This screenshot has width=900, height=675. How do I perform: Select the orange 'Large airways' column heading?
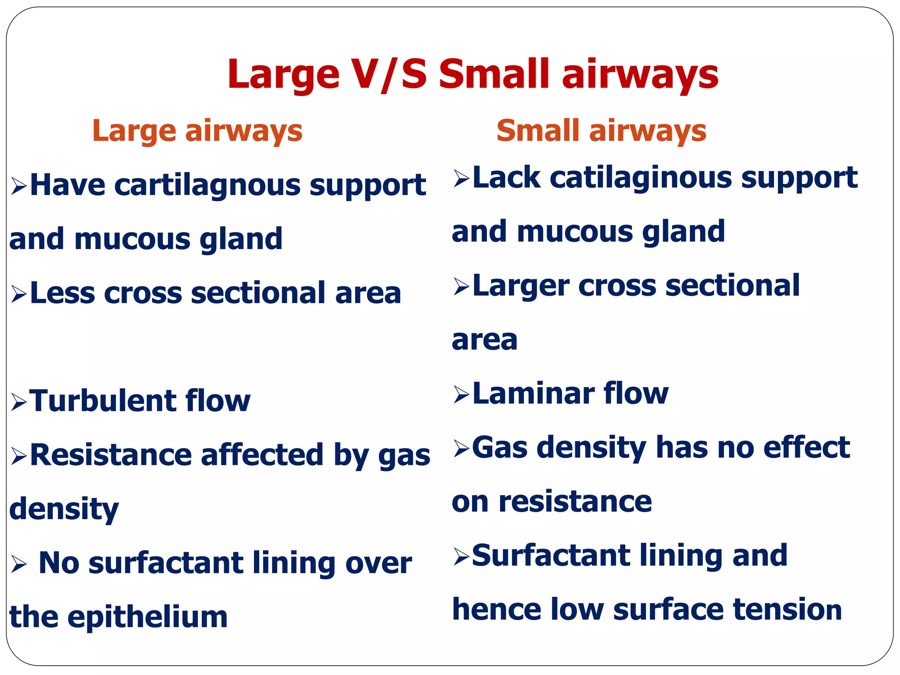[197, 131]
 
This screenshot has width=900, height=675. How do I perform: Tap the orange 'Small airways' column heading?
[601, 131]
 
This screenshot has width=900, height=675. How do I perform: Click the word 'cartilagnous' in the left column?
[207, 185]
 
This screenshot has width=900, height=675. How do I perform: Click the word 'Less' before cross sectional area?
[62, 293]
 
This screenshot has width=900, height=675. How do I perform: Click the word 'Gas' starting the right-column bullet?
[499, 447]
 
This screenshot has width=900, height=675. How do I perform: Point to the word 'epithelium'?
[147, 617]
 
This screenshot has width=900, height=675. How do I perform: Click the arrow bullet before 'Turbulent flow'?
[19, 402]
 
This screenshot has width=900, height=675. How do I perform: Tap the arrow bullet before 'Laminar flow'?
[461, 395]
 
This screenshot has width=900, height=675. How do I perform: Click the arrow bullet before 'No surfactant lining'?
[19, 564]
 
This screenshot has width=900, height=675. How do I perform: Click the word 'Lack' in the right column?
[506, 178]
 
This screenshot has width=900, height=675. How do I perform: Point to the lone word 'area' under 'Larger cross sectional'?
[484, 340]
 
